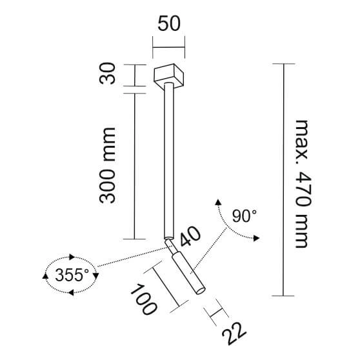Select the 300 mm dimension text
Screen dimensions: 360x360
point(108,165)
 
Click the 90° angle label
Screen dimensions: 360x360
point(245,215)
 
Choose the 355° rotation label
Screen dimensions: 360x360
point(72,275)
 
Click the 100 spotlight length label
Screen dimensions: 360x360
point(143,298)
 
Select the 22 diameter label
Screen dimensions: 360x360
point(234,335)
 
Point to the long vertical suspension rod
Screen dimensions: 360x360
point(168,161)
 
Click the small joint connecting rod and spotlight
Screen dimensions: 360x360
point(170,246)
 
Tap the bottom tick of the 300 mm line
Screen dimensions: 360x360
point(134,239)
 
